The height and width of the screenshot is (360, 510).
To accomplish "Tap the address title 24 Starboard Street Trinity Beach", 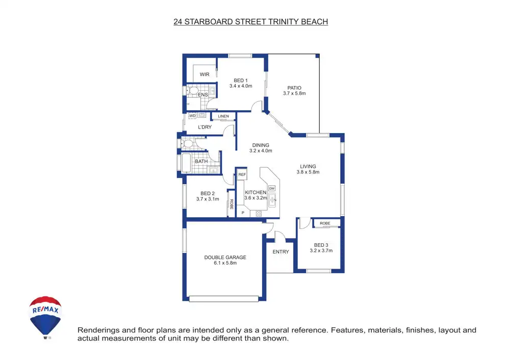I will point(250,22).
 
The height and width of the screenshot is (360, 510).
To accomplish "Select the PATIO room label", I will point(294,88).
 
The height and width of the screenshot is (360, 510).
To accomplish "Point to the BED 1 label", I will point(241,80).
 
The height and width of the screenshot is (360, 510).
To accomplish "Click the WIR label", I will point(205,74).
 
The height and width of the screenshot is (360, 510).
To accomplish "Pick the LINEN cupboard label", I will point(223,117).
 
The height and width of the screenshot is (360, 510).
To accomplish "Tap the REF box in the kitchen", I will point(242,175).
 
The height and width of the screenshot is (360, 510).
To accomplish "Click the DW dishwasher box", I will point(272,188).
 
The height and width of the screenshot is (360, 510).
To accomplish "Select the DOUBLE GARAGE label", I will point(225,258).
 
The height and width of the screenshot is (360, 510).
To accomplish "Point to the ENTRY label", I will point(280,252).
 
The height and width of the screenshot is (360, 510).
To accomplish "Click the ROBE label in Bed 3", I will point(325,223).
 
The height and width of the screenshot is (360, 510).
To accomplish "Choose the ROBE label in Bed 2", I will point(231,204).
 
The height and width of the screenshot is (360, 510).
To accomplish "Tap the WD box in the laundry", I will point(192,116).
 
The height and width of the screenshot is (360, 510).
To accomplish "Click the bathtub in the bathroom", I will point(186,163).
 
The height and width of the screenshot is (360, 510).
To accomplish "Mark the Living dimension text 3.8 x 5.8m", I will point(308,172).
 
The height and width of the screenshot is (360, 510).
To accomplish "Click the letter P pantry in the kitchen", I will point(243,213).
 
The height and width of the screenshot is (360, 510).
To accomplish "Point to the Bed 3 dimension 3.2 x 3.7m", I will point(321,250).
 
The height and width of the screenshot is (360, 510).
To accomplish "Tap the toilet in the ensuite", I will point(192,91).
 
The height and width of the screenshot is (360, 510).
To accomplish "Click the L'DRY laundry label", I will point(205,127).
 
